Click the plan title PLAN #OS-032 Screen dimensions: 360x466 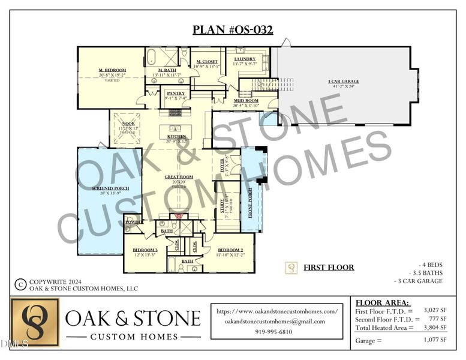coord(233,30)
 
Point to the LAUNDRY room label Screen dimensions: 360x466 coord(245,59)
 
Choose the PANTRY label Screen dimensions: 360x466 coord(176,93)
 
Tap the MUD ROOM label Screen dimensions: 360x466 coord(246,100)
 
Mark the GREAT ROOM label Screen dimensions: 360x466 coord(178,177)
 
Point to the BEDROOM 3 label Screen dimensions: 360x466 coord(145,250)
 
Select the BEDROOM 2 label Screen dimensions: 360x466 coord(230,250)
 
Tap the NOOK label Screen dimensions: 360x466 coord(128,123)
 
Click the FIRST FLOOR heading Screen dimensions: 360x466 coord(329,268)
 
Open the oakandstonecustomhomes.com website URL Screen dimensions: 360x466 coord(276,311)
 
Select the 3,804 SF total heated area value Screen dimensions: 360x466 coord(435,327)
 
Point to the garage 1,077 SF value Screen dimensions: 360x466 coord(435,340)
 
